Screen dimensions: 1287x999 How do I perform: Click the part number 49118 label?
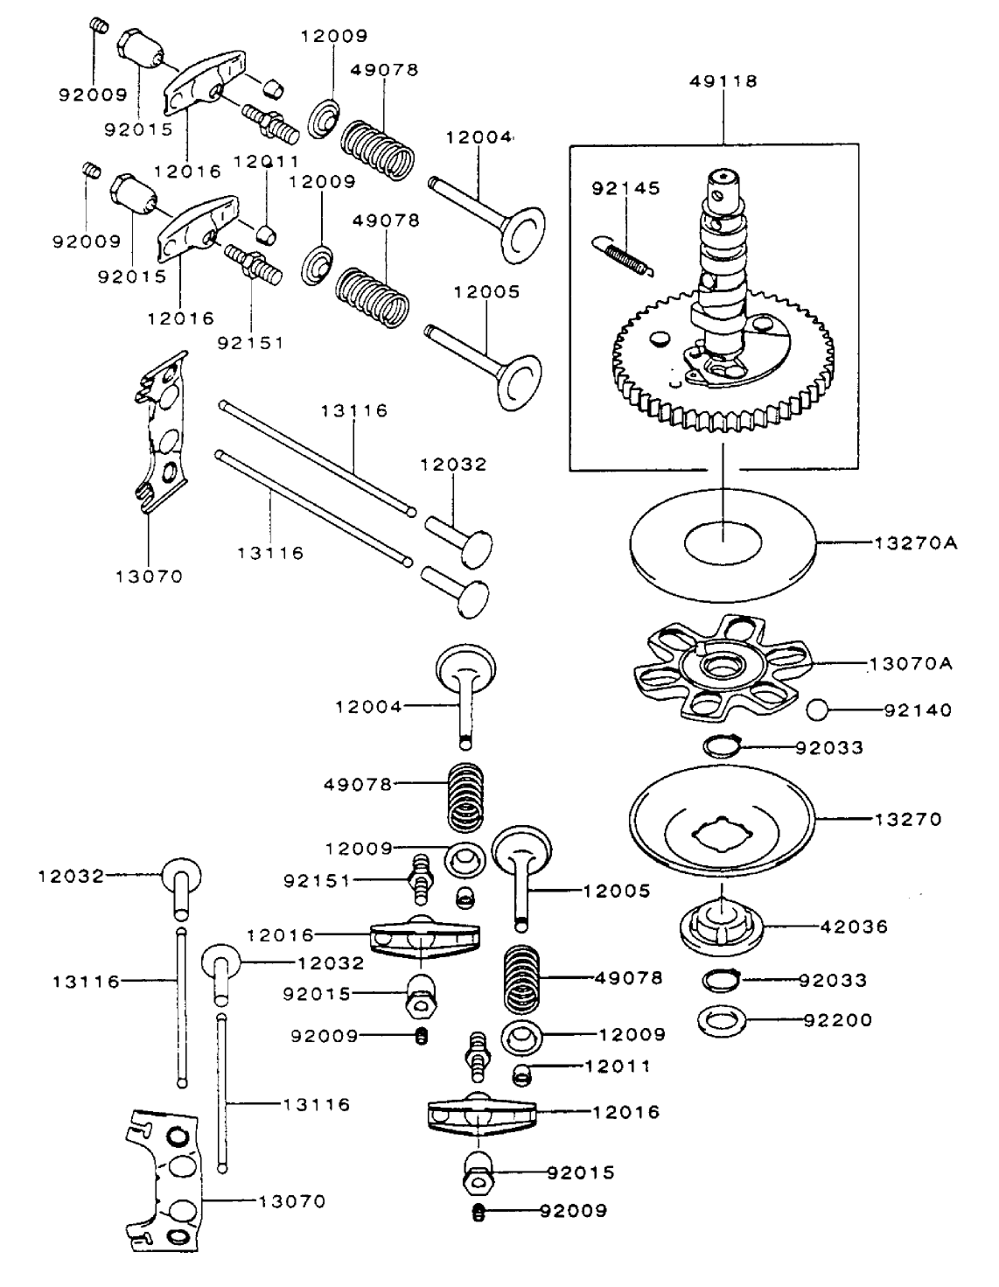click(x=723, y=81)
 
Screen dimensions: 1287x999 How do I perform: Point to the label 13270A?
click(x=915, y=543)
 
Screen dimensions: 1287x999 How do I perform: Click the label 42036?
click(x=854, y=927)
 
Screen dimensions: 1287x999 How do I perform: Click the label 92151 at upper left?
click(x=250, y=342)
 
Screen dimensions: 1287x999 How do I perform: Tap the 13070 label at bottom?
click(x=291, y=1201)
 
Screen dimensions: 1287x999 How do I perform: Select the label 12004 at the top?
click(x=479, y=137)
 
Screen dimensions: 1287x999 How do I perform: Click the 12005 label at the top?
click(x=486, y=291)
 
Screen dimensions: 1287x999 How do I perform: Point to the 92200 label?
click(x=837, y=1020)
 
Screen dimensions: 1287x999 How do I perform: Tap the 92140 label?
click(x=918, y=710)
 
